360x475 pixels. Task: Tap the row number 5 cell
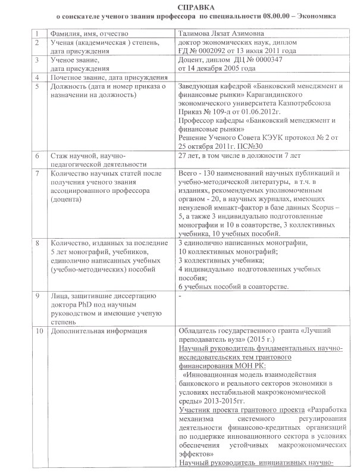click(37, 86)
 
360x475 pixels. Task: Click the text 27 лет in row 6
click(189, 155)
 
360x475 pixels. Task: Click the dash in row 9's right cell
click(180, 296)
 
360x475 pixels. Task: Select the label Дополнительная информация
click(99, 330)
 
